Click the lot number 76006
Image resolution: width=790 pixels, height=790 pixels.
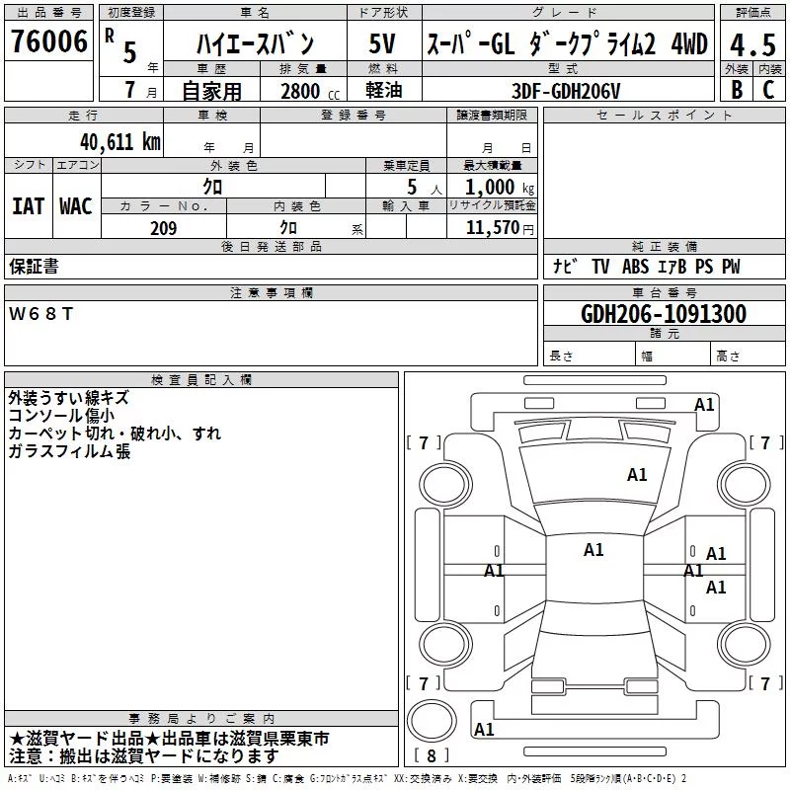coord(48,41)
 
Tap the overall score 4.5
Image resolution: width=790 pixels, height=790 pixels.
coord(752,44)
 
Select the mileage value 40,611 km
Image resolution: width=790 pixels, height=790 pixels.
coord(119,142)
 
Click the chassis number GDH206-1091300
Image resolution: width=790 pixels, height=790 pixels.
coord(664,313)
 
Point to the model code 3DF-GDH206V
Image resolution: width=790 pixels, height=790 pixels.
coord(566,91)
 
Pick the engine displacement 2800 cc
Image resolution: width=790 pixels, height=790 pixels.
coord(310,92)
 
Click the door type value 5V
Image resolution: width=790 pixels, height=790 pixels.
coord(382,43)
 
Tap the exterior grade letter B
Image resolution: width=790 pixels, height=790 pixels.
coord(737,90)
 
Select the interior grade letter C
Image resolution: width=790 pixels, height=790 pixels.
coord(768,90)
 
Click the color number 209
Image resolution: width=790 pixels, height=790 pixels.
coord(163,228)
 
